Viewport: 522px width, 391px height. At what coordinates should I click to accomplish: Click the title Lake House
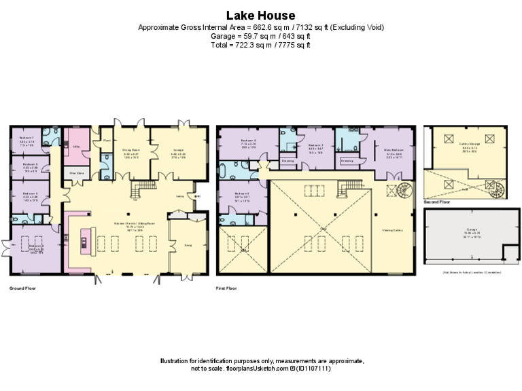coord(261,15)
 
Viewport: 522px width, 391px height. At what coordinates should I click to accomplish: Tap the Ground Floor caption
coord(22,288)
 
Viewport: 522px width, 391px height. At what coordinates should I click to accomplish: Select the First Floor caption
coord(229,288)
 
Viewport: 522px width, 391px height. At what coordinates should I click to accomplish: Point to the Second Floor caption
coord(436,202)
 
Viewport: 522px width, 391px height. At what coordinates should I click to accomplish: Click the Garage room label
coord(465,229)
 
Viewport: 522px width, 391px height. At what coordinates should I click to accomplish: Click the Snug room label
coord(188,244)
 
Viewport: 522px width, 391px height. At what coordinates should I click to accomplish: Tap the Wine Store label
coord(76,173)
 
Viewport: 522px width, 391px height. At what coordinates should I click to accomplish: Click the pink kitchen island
coord(84,242)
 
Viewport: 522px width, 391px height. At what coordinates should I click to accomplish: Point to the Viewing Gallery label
coord(394,229)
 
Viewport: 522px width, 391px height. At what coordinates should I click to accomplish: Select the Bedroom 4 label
coord(247,141)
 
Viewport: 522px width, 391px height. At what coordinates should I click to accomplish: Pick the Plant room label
coord(106,140)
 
